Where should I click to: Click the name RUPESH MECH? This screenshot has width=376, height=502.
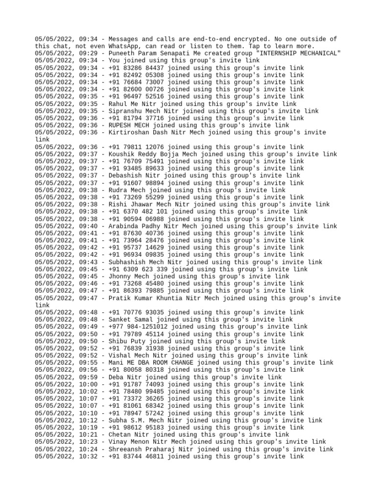pos(129,125)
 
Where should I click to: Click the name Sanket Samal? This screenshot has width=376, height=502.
pos(131,320)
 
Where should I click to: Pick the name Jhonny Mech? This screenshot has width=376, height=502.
pos(129,276)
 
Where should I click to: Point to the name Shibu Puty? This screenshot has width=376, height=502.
pos(127,341)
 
